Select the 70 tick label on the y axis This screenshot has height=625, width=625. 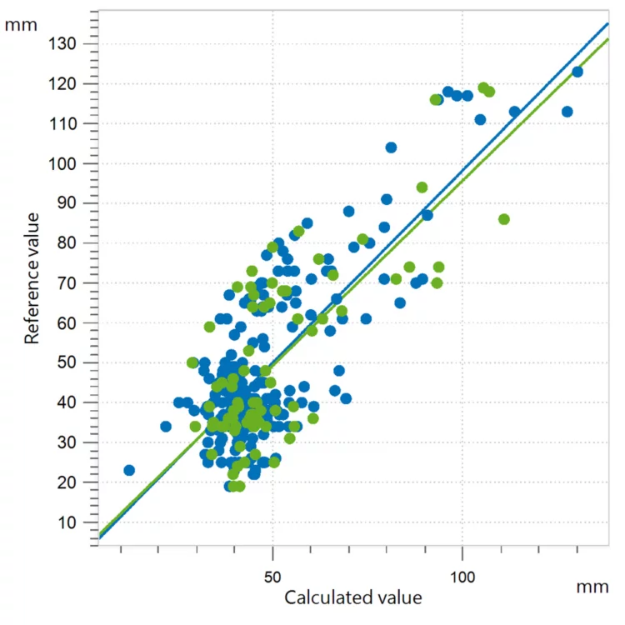click(x=69, y=283)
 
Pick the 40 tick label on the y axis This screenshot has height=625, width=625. click(x=69, y=402)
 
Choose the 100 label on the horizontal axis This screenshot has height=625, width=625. click(x=462, y=577)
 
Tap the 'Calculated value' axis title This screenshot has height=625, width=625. click(x=353, y=597)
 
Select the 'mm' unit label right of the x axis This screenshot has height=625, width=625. click(x=592, y=587)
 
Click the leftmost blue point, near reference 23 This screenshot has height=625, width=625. click(x=129, y=470)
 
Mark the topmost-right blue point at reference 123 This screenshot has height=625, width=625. click(x=577, y=72)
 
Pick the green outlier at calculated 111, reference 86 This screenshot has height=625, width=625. click(x=504, y=219)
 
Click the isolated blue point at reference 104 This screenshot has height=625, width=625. click(x=391, y=147)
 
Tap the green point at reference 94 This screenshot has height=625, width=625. click(x=422, y=187)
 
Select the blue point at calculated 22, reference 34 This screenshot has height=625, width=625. click(x=166, y=427)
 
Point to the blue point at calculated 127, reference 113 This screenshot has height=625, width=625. click(x=567, y=112)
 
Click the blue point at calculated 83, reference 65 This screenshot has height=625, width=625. click(x=400, y=303)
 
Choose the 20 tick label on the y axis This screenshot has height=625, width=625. click(x=69, y=482)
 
